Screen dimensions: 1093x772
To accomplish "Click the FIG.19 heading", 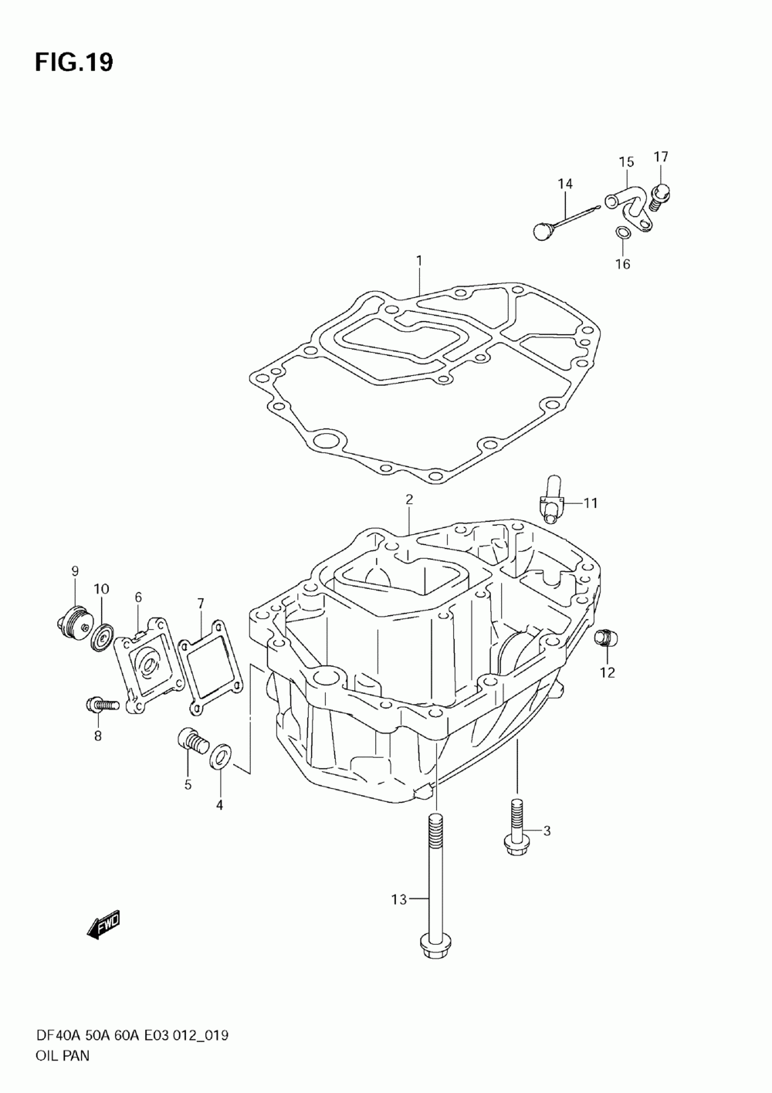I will (x=73, y=62).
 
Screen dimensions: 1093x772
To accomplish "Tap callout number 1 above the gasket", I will (x=419, y=261).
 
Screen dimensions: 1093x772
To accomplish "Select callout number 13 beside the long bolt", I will (x=398, y=898).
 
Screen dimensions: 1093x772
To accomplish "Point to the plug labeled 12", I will (x=605, y=638).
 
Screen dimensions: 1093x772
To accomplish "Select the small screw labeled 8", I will (x=101, y=703).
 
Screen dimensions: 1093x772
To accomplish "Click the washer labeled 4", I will (x=221, y=753).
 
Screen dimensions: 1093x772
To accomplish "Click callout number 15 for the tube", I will (x=626, y=161).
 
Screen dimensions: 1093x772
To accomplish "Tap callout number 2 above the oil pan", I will (x=409, y=499).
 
